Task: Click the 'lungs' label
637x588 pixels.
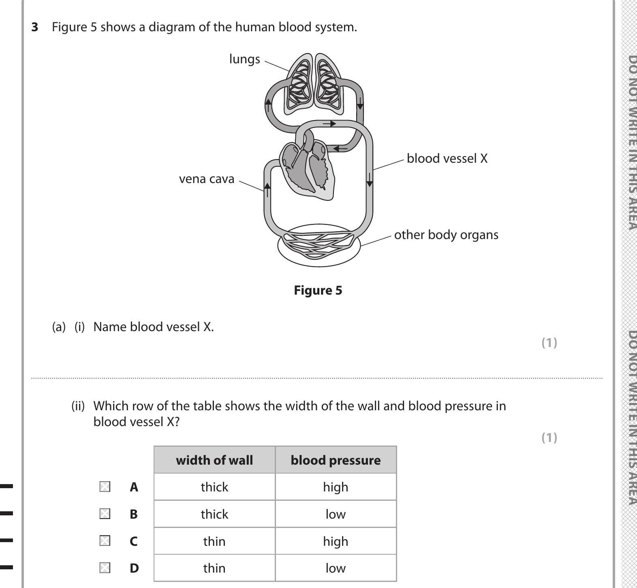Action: [244, 59]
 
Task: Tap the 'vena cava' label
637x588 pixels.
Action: [207, 179]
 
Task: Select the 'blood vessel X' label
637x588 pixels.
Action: [447, 158]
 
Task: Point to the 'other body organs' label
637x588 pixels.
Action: [446, 235]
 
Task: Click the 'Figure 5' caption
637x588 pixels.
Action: [318, 291]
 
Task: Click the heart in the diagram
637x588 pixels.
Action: [307, 168]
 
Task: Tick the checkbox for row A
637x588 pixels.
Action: [105, 487]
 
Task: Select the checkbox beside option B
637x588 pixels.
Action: [105, 514]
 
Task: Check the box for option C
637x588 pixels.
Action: [105, 541]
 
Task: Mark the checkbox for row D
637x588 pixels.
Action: [105, 568]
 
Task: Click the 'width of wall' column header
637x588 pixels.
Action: [214, 460]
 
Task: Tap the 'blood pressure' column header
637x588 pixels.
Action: [336, 460]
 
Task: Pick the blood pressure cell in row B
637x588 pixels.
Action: [336, 514]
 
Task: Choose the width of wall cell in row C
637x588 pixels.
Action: [214, 541]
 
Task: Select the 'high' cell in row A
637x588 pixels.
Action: [336, 487]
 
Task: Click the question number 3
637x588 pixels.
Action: [35, 27]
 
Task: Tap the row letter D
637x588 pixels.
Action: [134, 568]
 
